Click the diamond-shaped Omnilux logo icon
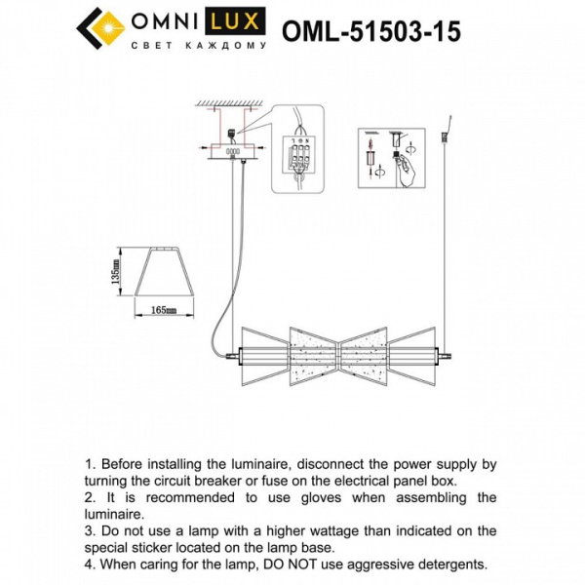tap(101, 30)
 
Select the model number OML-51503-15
tap(370, 31)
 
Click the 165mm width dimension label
tap(163, 310)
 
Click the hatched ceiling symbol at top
tap(232, 103)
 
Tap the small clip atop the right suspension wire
tap(447, 127)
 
